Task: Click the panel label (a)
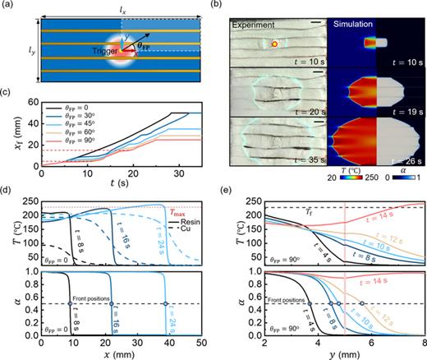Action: click(8, 6)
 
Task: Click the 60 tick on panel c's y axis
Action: click(31, 101)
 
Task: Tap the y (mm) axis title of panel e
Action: click(339, 353)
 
